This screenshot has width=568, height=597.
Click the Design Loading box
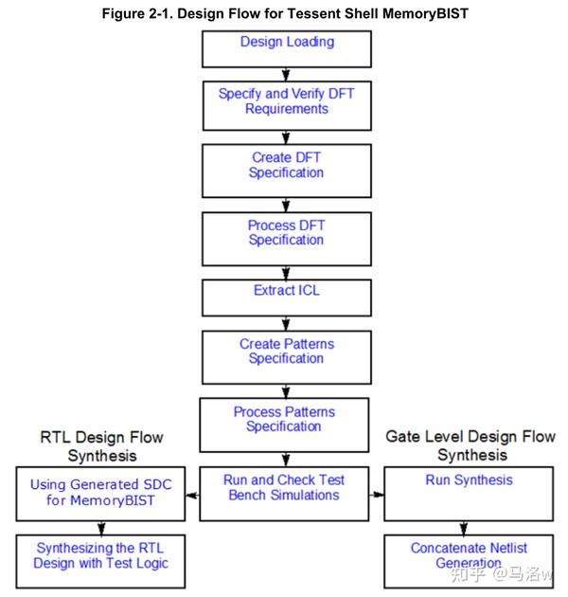[286, 48]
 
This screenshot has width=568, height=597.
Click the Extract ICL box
[286, 297]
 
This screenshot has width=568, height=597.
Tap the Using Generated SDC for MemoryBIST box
[101, 492]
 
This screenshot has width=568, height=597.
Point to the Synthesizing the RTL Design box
[101, 560]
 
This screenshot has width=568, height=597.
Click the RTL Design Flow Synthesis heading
[101, 446]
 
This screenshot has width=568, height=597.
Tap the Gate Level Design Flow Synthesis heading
[470, 445]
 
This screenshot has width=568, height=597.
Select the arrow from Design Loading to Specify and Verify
[286, 73]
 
